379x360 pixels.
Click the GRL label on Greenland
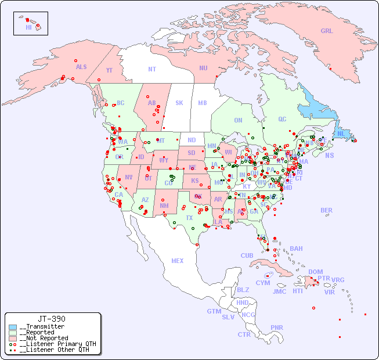click(x=327, y=31)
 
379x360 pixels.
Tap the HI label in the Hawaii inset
click(x=28, y=27)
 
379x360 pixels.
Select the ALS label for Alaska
click(x=81, y=67)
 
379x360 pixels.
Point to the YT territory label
click(x=109, y=70)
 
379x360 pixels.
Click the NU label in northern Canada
click(x=203, y=68)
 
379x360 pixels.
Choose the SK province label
click(x=179, y=103)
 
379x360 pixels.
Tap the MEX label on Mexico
click(x=178, y=261)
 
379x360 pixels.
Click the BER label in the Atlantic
click(x=327, y=210)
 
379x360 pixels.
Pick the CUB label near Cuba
click(x=247, y=255)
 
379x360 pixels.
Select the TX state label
click(x=189, y=218)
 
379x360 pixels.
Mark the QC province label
click(x=282, y=119)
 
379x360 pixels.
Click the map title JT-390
click(x=52, y=319)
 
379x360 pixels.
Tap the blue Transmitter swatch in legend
click(x=13, y=327)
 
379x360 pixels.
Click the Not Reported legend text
click(x=44, y=338)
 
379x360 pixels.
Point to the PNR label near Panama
click(x=277, y=327)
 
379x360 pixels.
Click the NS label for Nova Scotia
click(x=329, y=155)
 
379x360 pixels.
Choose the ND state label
click(x=192, y=140)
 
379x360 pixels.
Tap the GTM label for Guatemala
click(x=214, y=311)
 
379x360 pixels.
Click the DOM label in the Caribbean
click(x=315, y=272)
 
